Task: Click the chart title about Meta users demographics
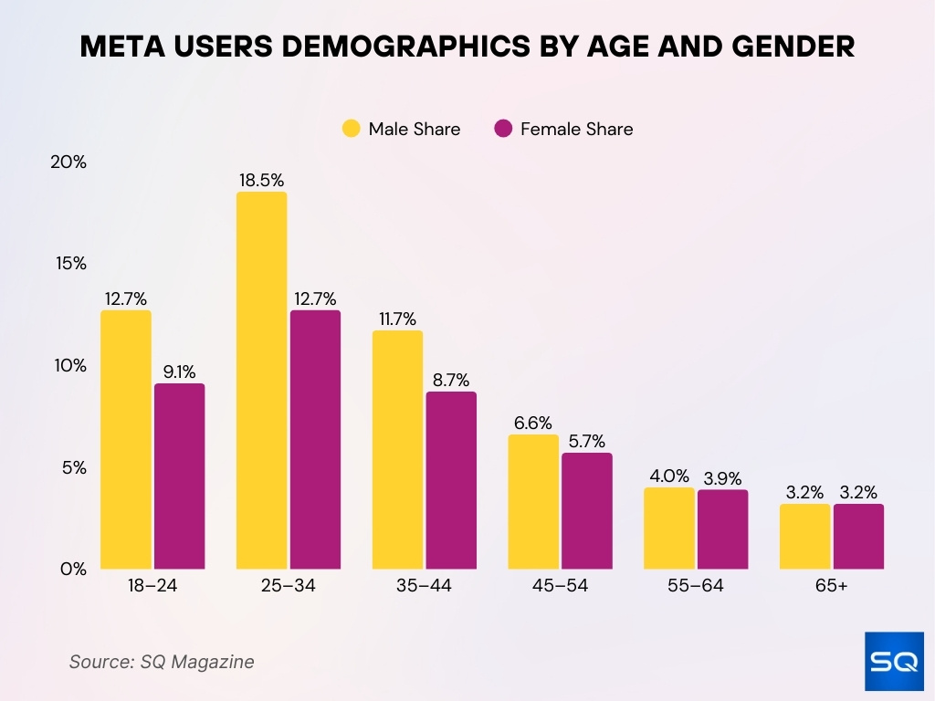pyautogui.click(x=467, y=47)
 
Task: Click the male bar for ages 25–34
pyautogui.click(x=261, y=380)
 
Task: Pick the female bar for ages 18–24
pyautogui.click(x=179, y=476)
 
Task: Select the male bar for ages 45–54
pyautogui.click(x=532, y=501)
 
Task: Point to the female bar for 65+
pyautogui.click(x=858, y=536)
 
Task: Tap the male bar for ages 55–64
pyautogui.click(x=668, y=528)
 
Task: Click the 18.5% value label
pyautogui.click(x=261, y=180)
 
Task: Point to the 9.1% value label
pyautogui.click(x=179, y=371)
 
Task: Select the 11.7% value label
pyautogui.click(x=397, y=319)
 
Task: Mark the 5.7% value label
pyautogui.click(x=586, y=441)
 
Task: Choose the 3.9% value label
pyautogui.click(x=722, y=478)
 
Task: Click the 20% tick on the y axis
pyautogui.click(x=68, y=162)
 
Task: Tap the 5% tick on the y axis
pyautogui.click(x=73, y=467)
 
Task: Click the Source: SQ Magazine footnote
pyautogui.click(x=162, y=662)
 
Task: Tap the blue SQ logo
pyautogui.click(x=894, y=661)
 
